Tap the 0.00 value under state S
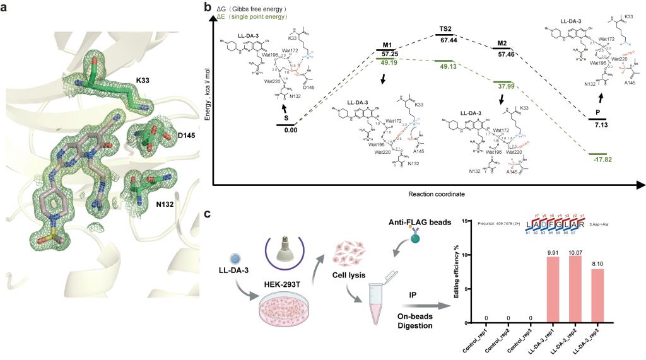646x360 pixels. pyautogui.click(x=290, y=131)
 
